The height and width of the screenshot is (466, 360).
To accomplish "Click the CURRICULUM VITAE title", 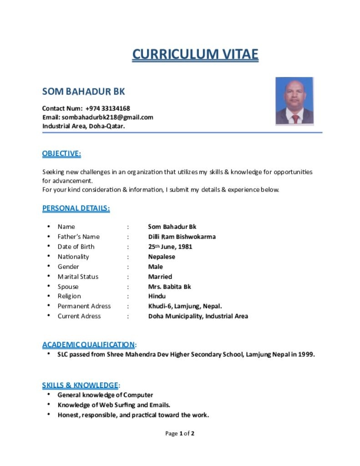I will point(195,54).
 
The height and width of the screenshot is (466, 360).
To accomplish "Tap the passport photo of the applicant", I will point(294,101).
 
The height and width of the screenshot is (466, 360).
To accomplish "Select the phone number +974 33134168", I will point(107,108).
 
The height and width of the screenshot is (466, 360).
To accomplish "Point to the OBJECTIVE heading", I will point(61,153).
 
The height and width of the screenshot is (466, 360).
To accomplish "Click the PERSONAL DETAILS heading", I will point(76,208).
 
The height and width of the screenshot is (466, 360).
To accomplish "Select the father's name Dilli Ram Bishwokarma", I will point(182,237).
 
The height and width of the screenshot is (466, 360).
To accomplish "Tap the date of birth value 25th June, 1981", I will point(170,247).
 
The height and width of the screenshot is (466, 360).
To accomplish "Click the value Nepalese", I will point(162,257).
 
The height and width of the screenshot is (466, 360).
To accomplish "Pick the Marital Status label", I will point(78,277).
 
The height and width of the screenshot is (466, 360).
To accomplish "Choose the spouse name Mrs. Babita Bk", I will point(169,287).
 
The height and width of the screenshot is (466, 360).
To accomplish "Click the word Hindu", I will point(157,296).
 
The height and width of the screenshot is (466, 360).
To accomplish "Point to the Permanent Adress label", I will point(84,306).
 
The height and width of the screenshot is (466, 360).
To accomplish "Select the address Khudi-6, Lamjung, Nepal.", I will point(185,306).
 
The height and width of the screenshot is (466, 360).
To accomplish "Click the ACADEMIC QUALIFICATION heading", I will point(89,344).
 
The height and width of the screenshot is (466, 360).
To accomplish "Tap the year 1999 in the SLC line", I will point(306,355).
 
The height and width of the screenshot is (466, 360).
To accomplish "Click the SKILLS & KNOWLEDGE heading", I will point(80,385).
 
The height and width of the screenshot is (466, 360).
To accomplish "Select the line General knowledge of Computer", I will point(105,395).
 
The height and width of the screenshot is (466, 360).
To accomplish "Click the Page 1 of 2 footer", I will point(180,434).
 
